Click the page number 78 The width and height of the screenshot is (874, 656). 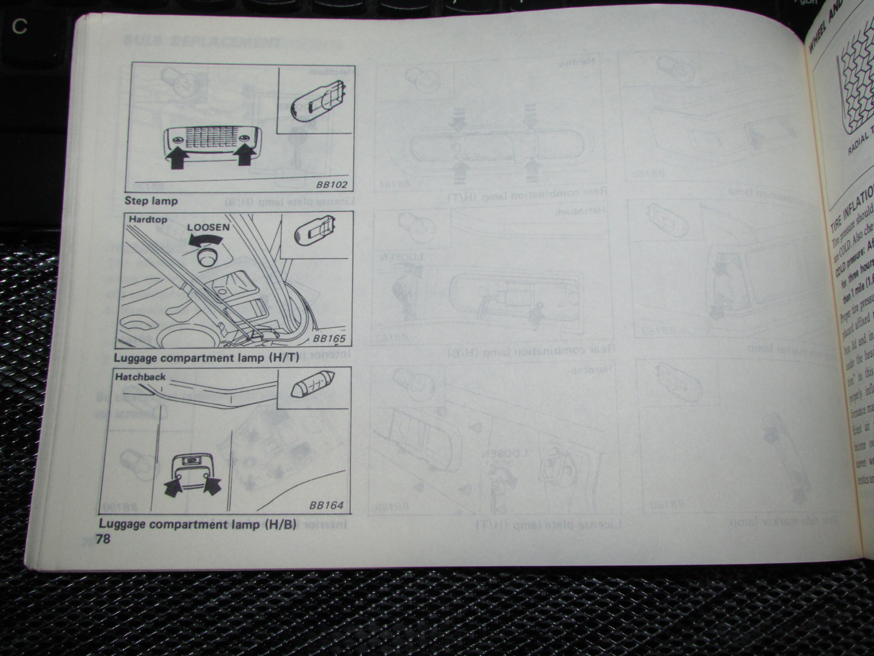(103, 539)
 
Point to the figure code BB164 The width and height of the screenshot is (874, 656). (326, 505)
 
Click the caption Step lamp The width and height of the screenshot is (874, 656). (151, 200)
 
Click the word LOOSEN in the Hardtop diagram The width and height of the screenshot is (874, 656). (208, 228)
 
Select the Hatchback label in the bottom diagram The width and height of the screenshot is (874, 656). (140, 376)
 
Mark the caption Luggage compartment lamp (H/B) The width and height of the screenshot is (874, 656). (197, 524)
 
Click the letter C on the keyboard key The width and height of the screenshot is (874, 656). (20, 28)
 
